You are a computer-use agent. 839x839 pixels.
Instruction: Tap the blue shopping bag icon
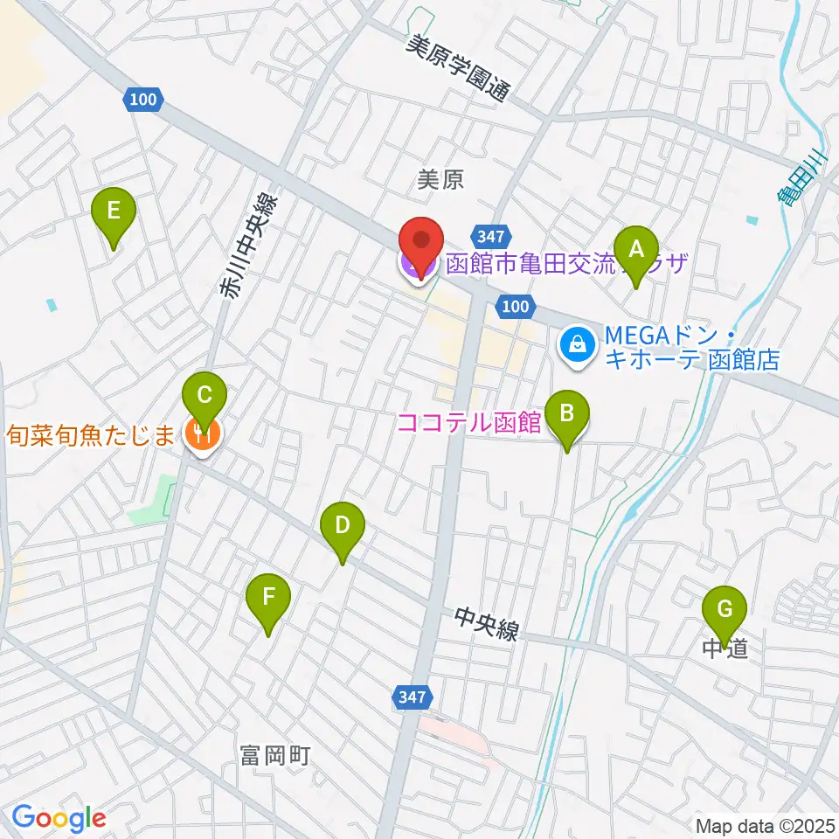(578, 346)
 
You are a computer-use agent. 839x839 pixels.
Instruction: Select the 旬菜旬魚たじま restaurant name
(92, 433)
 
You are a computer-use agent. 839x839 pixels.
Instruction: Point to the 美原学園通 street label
(457, 69)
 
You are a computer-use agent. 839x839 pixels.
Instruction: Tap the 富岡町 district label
(274, 755)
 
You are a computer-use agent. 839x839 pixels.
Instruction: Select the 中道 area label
(725, 649)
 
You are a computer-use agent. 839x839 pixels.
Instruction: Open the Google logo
(59, 819)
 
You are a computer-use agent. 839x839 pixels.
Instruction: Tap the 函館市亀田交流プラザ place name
(566, 264)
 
